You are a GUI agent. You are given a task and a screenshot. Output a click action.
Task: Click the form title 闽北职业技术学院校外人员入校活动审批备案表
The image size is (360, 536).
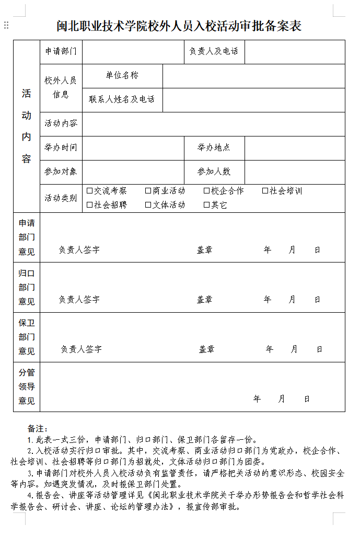point(179,26)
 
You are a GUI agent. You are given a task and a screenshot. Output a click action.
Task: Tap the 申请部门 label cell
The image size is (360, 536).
point(61,51)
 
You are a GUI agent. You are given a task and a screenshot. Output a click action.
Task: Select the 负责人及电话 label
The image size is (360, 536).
point(213,51)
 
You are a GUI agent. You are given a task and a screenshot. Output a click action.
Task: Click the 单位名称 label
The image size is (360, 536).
point(122,75)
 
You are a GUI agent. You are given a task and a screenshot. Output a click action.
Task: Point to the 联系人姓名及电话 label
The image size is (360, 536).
point(122,99)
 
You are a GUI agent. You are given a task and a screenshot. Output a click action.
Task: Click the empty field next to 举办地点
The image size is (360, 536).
point(295,147)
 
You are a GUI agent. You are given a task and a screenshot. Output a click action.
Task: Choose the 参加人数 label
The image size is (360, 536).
point(214,172)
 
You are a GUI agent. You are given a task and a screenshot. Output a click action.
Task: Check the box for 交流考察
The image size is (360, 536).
point(90,191)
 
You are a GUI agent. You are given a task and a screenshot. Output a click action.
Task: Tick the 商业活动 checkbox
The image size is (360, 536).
point(148,191)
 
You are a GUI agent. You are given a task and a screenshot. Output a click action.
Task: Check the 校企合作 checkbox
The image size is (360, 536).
point(207,191)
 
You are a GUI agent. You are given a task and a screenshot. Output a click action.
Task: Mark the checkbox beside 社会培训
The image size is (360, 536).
point(265,191)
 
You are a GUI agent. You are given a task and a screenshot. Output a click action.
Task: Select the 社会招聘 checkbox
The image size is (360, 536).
point(90,205)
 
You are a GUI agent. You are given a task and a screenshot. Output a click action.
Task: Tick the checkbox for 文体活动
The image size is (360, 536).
point(148,205)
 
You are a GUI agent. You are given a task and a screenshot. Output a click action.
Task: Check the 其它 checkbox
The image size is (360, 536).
point(207,205)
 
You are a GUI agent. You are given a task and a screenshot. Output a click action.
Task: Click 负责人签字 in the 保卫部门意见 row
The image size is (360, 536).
point(81,349)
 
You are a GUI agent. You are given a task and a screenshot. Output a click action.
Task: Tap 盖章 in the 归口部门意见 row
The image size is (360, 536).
point(204,300)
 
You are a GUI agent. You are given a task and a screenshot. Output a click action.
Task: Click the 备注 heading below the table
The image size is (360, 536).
point(38,429)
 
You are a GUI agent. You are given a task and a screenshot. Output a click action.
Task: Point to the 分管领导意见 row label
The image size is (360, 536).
point(27,387)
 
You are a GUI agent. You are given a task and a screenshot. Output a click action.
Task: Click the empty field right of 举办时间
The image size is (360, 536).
point(133,147)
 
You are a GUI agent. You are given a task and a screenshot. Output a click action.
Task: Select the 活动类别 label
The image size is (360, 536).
point(61,198)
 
